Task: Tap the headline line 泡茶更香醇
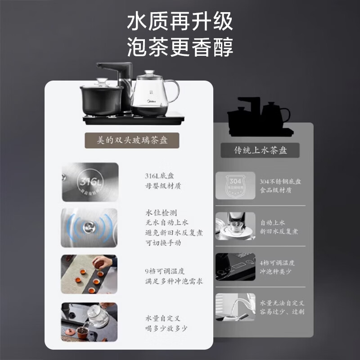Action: coord(180,46)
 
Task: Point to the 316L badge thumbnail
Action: coord(90,182)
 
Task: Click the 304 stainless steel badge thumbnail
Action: coord(235,185)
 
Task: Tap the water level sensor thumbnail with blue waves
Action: coord(90,227)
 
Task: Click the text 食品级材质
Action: coord(276,190)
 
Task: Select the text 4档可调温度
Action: coord(278,263)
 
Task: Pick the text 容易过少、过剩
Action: coord(282,311)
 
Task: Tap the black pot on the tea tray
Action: coord(101,100)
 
